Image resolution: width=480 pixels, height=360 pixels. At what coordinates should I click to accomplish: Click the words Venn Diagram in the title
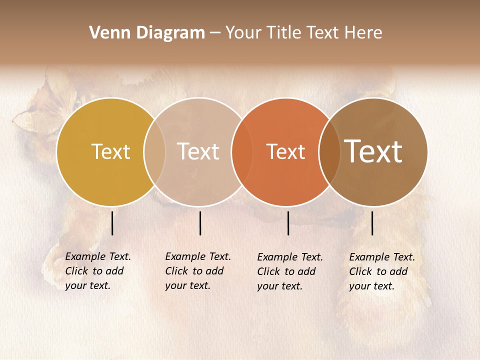147,33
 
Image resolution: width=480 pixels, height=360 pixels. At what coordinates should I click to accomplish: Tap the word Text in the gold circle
110,151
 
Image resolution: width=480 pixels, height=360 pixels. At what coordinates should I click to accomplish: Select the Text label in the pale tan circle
198,151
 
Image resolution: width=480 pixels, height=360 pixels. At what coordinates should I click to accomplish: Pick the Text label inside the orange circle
285,151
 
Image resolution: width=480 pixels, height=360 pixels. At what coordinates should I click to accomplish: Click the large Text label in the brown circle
373,151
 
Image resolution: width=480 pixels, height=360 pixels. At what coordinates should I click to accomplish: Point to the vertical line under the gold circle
112,223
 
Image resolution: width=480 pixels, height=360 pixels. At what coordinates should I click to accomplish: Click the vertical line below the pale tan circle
200,223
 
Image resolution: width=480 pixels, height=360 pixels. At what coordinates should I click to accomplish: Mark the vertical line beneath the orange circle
288,223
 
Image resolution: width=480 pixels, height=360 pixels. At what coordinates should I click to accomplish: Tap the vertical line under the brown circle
372,223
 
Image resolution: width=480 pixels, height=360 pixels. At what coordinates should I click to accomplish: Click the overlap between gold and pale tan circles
154,151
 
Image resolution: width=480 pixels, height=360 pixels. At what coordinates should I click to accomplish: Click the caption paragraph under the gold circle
97,271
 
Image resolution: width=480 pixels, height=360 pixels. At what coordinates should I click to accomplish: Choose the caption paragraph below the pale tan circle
197,271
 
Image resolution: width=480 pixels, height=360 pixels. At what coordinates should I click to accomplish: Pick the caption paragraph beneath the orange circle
289,271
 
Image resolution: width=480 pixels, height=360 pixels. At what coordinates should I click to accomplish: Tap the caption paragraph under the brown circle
381,271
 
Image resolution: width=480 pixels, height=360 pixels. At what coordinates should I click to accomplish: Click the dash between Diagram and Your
215,33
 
